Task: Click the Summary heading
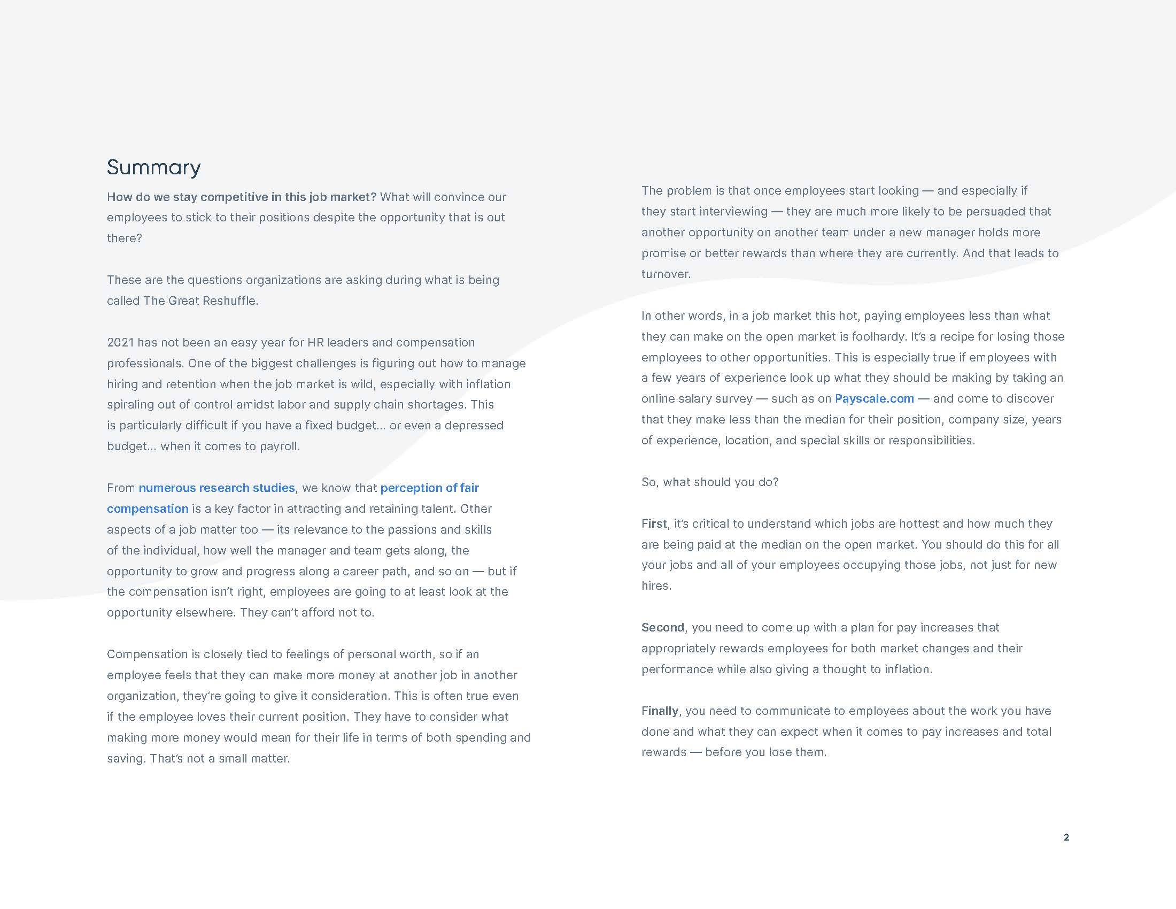point(153,167)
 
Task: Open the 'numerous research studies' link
point(216,488)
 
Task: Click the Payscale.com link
point(874,398)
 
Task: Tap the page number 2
point(1066,837)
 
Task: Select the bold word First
point(654,523)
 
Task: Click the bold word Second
point(662,627)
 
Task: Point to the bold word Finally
point(660,711)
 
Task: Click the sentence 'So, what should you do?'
point(710,482)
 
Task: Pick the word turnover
point(665,274)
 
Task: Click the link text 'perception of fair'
point(429,488)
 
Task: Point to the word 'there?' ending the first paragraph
point(124,238)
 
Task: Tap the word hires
point(655,586)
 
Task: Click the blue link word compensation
point(148,509)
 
